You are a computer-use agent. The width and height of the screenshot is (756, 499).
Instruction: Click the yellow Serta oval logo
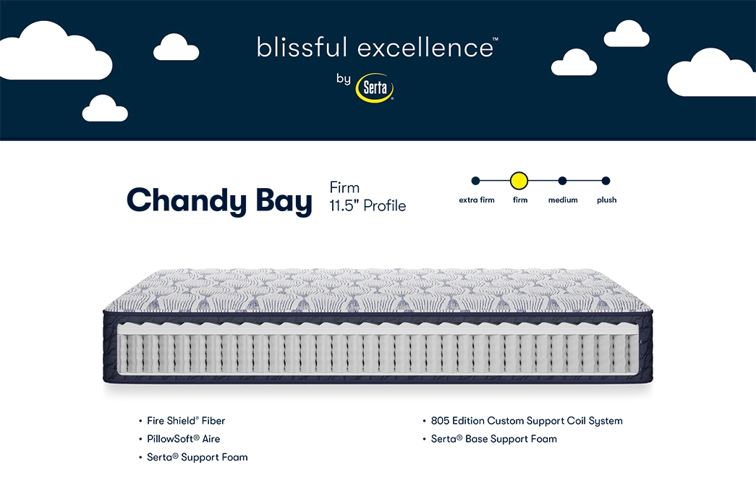(x=375, y=88)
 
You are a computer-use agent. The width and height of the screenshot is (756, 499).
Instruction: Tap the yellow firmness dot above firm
(x=519, y=181)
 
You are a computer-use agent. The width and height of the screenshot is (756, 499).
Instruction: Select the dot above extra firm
(x=476, y=181)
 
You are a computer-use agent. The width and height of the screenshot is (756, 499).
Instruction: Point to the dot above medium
(x=562, y=181)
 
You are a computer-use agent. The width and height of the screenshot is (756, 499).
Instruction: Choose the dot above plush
(x=606, y=181)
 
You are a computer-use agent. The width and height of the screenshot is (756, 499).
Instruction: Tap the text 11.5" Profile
(x=368, y=206)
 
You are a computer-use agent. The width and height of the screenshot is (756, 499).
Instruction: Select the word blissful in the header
(x=302, y=47)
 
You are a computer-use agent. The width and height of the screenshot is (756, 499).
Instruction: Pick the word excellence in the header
(x=426, y=47)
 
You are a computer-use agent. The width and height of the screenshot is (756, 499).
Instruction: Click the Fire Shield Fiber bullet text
(x=186, y=421)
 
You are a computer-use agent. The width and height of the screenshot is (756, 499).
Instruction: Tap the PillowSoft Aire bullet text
(x=183, y=439)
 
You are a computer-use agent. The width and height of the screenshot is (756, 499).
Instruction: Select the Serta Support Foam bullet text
(x=198, y=457)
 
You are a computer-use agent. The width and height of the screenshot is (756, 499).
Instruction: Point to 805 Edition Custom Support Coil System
(x=527, y=421)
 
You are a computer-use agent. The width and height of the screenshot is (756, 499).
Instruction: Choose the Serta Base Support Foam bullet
(x=493, y=439)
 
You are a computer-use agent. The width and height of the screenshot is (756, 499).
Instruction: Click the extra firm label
(x=476, y=200)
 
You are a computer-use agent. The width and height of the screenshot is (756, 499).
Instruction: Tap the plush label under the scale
(x=606, y=200)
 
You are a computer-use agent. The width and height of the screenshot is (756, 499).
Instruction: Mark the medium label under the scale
(x=563, y=200)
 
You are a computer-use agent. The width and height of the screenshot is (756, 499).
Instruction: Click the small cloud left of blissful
(x=176, y=47)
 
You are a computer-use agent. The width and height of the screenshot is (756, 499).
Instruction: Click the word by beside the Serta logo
(x=344, y=79)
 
